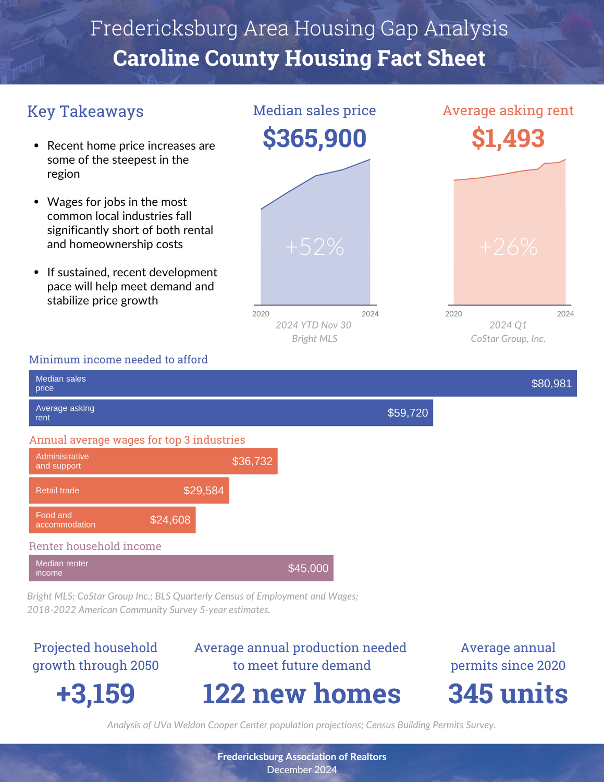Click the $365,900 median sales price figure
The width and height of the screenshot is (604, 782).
pyautogui.click(x=314, y=139)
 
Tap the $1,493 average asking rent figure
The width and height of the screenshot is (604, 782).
pyautogui.click(x=508, y=139)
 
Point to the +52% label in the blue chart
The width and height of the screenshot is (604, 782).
pyautogui.click(x=315, y=247)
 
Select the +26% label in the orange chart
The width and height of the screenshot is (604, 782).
pyautogui.click(x=508, y=247)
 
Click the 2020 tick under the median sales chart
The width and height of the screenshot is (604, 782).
pyautogui.click(x=261, y=314)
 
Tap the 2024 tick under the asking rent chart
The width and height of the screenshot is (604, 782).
pyautogui.click(x=565, y=314)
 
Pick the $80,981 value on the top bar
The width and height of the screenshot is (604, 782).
pyautogui.click(x=551, y=384)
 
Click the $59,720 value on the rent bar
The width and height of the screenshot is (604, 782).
pyautogui.click(x=408, y=413)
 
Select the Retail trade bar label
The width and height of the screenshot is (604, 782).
pyautogui.click(x=57, y=491)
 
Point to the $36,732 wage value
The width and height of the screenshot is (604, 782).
pyautogui.click(x=252, y=461)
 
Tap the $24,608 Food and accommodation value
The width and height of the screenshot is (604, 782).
pyautogui.click(x=170, y=520)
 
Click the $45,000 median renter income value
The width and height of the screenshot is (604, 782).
pyautogui.click(x=308, y=568)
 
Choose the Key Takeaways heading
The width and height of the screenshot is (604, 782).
pyautogui.click(x=85, y=111)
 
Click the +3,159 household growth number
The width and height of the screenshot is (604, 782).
pyautogui.click(x=95, y=693)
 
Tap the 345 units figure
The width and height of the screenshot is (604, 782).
pyautogui.click(x=508, y=693)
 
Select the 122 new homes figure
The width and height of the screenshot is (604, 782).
pyautogui.click(x=301, y=693)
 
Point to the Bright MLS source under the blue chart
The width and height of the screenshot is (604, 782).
pyautogui.click(x=315, y=339)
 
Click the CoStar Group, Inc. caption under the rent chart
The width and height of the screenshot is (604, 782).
pyautogui.click(x=508, y=339)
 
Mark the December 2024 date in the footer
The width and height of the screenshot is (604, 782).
pyautogui.click(x=302, y=770)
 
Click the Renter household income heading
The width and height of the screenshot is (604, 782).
pyautogui.click(x=95, y=546)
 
